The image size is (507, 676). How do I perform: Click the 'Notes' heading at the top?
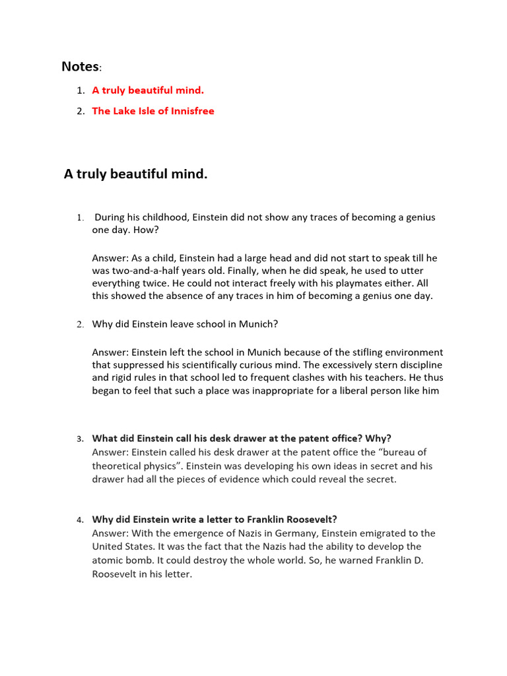click(80, 67)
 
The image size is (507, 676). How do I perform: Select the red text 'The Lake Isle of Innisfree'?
click(152, 111)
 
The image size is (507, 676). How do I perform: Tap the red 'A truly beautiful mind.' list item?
click(148, 90)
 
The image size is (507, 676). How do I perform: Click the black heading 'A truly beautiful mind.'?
click(135, 174)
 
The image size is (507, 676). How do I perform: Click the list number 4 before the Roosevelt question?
click(79, 520)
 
